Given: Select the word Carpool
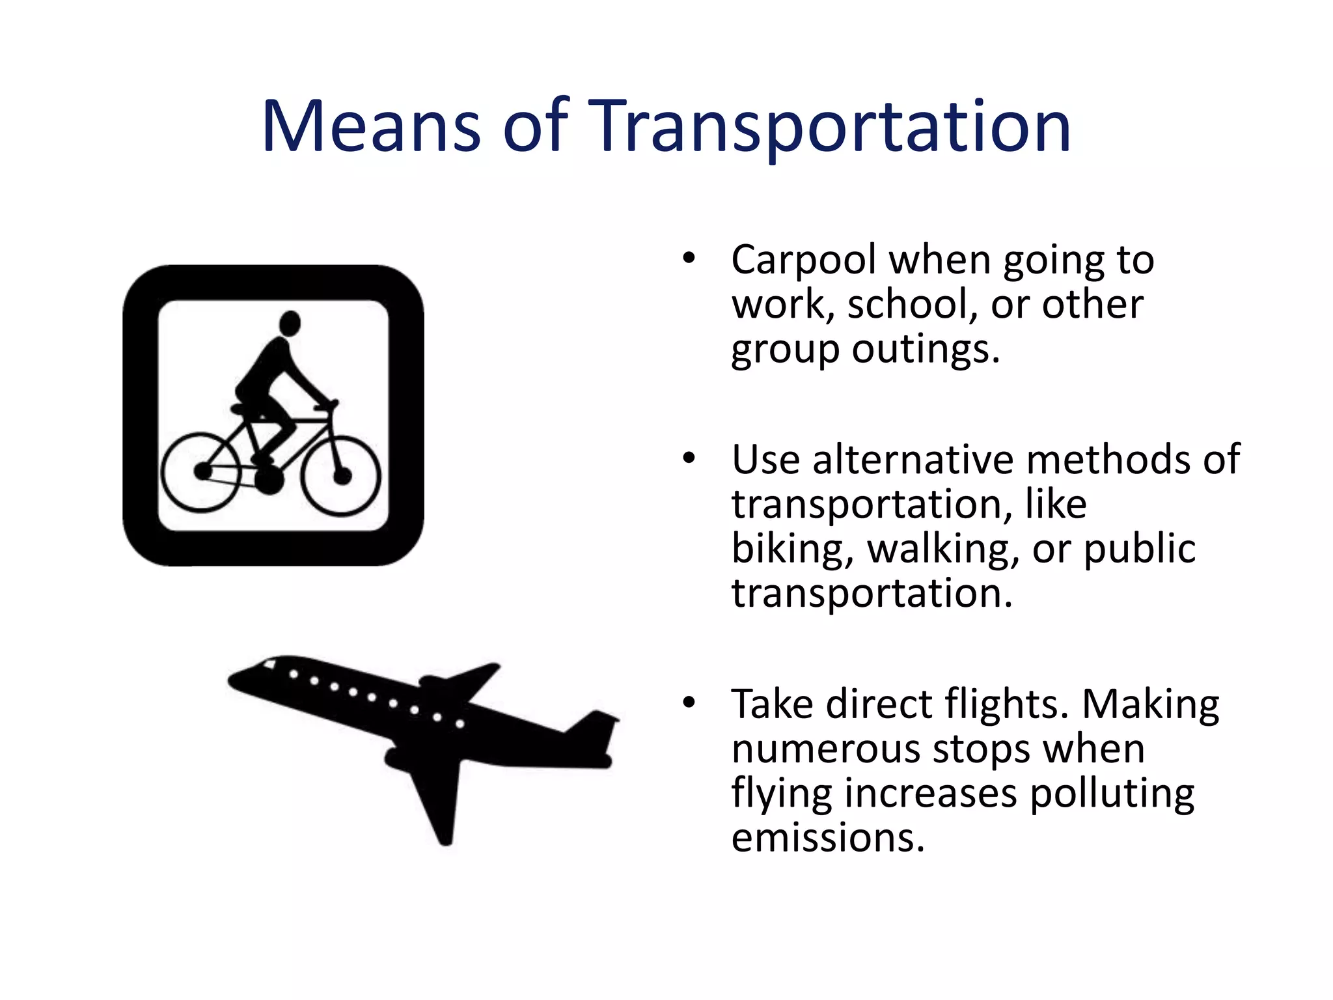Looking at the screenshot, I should click(803, 260).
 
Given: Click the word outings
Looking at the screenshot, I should click(925, 350).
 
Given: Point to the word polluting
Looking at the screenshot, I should click(1112, 794).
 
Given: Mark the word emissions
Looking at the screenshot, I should click(827, 838).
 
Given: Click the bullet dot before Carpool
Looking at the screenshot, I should click(689, 259).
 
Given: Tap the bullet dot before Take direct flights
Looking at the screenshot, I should click(689, 703).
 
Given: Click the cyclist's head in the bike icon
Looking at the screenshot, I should click(290, 324).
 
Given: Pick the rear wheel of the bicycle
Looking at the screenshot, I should click(201, 471).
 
